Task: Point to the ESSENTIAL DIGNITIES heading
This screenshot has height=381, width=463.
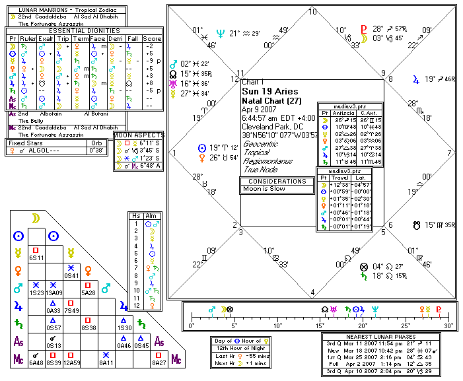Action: click(85, 30)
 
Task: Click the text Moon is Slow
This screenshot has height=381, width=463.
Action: click(266, 189)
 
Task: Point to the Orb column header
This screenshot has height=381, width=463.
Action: click(98, 143)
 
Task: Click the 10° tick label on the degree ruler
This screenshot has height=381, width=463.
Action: click(277, 326)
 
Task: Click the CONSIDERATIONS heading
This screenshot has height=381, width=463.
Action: click(277, 180)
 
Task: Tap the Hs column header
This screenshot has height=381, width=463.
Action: click(136, 216)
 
